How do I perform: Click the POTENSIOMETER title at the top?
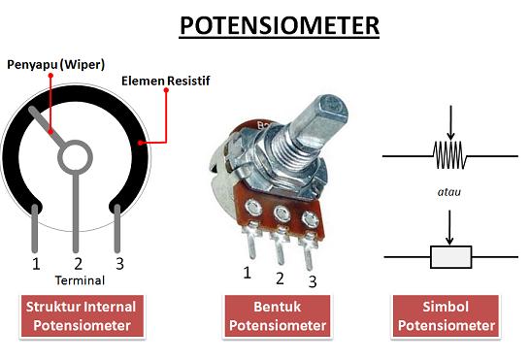point(278,25)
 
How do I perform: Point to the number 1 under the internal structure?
point(36,263)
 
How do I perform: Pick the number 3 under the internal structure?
point(119,263)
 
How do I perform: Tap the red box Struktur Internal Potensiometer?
point(82,315)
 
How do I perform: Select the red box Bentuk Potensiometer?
point(277,315)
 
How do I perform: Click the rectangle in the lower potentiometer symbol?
point(450,256)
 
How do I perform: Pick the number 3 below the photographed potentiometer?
point(313,281)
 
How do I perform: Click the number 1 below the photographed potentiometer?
point(248,273)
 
